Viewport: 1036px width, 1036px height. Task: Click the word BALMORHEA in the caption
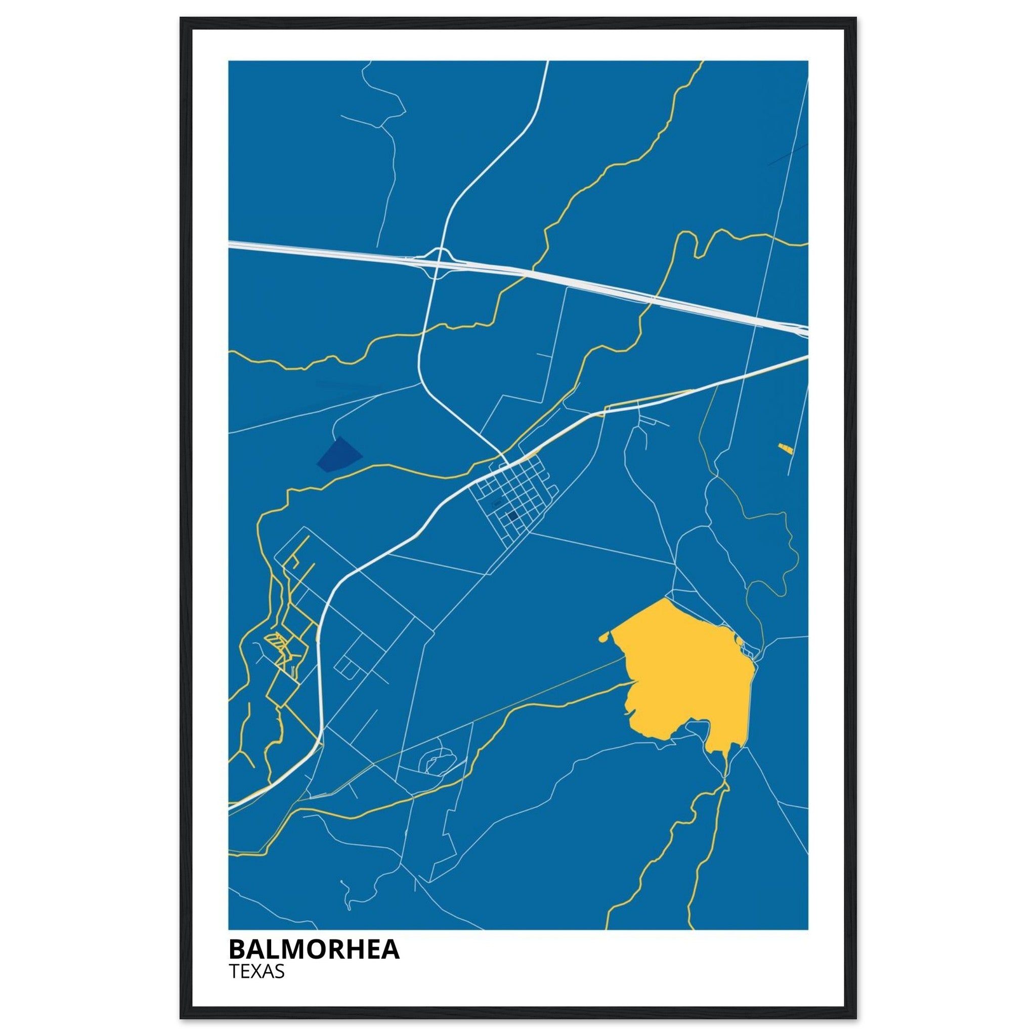tap(314, 949)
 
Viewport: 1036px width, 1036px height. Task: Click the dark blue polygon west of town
tap(338, 455)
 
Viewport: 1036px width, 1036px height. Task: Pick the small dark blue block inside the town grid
tap(512, 516)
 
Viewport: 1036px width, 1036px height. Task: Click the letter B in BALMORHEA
tap(238, 949)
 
